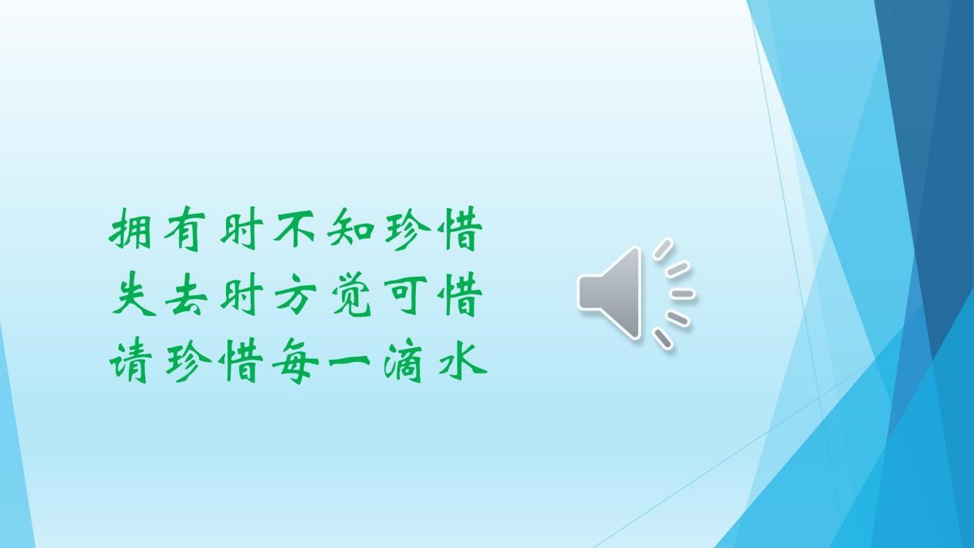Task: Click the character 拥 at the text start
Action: point(130,228)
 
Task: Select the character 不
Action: point(294,228)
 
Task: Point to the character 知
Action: point(351,228)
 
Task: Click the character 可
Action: point(406,295)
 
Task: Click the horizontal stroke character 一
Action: point(350,360)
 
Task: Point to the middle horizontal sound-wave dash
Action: point(682,294)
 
